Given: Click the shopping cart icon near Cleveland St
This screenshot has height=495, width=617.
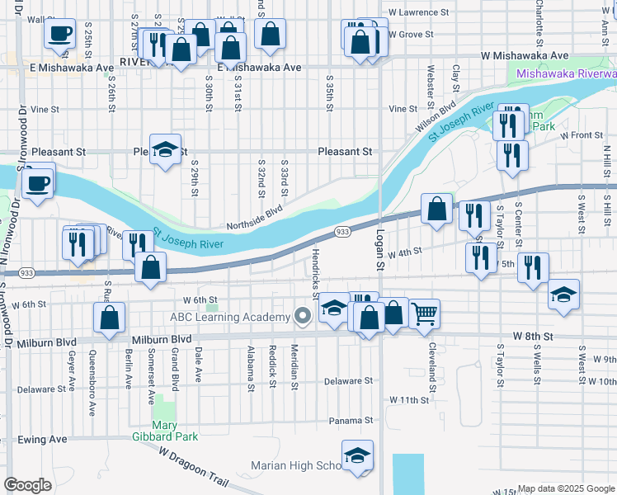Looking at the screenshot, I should [424, 313].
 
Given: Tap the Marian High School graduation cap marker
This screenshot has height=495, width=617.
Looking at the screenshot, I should [357, 455].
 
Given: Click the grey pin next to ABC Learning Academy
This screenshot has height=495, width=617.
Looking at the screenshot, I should [304, 316].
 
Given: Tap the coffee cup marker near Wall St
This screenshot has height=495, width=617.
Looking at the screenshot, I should [59, 34].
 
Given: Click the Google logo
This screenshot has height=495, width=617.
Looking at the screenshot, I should [27, 485].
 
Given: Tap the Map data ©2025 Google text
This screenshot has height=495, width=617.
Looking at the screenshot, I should [566, 488].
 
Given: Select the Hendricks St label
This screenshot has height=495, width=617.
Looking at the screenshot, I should [315, 267].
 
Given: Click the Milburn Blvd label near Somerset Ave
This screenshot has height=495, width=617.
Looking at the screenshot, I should [162, 339].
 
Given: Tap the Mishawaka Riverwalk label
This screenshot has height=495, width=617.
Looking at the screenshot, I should [566, 74].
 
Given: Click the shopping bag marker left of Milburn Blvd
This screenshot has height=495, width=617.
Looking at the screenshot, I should [109, 318].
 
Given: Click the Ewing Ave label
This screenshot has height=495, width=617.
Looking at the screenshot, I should [42, 440].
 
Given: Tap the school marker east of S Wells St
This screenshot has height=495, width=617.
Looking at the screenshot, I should [564, 295].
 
